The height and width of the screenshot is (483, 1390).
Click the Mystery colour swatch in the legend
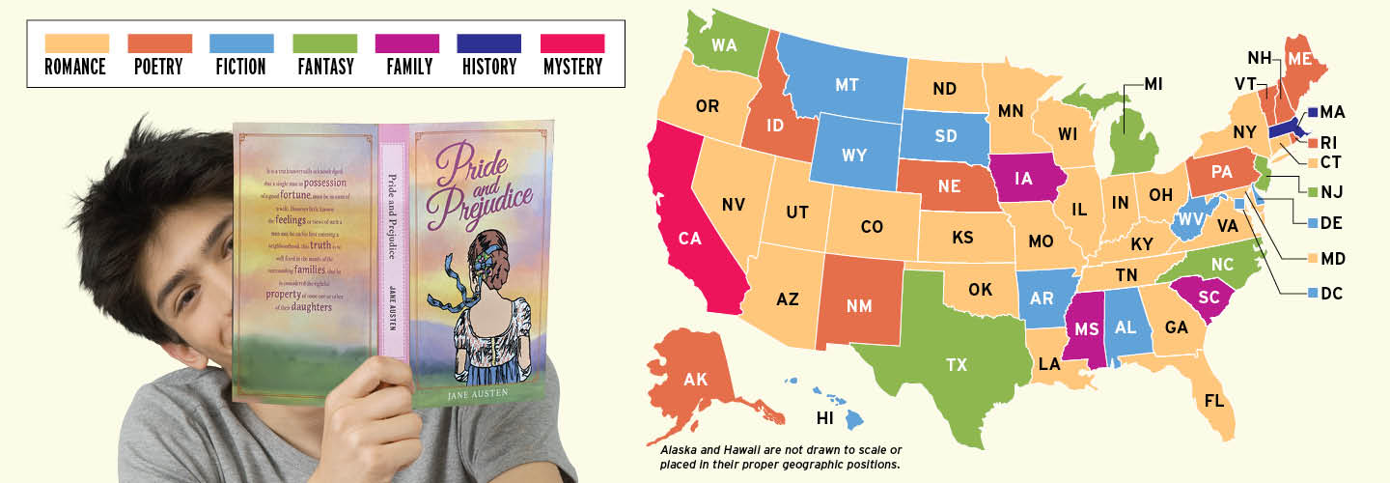[x=572, y=43]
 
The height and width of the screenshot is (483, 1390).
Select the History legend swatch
[x=489, y=43]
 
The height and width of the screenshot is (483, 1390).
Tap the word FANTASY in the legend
[x=324, y=68]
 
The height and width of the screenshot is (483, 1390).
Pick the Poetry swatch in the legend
[x=159, y=43]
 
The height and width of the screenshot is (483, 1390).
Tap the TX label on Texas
[x=956, y=364]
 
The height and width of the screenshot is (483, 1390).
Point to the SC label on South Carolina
[x=1209, y=298]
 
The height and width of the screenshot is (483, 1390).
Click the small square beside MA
[x=1314, y=112]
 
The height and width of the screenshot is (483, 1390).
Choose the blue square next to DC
[x=1312, y=292]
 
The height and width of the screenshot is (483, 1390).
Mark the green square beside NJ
[x=1314, y=191]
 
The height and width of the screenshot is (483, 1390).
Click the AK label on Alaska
[x=695, y=379]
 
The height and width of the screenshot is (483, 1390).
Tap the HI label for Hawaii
[x=824, y=418]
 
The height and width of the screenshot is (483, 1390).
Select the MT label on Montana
[x=847, y=85]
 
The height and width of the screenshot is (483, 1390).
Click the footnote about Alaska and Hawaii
[x=780, y=457]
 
